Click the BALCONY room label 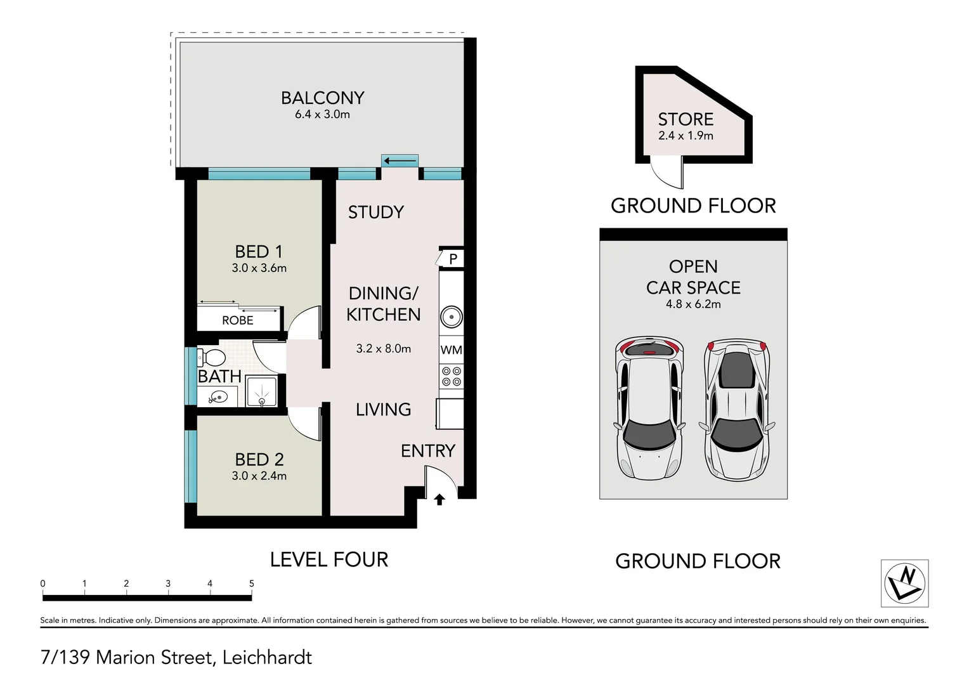[x=323, y=98]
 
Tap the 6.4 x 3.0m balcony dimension [x=322, y=115]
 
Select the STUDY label [x=376, y=212]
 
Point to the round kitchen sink [x=451, y=317]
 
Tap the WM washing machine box [x=451, y=349]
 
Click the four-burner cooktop [x=451, y=377]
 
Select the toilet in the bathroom [x=211, y=358]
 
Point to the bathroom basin [x=219, y=397]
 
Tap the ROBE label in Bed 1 [x=237, y=320]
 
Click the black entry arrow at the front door [x=439, y=499]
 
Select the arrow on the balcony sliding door [x=400, y=161]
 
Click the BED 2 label [x=259, y=460]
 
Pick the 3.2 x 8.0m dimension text [x=383, y=349]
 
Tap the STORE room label [x=686, y=119]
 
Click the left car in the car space [x=649, y=408]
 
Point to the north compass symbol [x=904, y=583]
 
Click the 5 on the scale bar [x=251, y=584]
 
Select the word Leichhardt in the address [x=267, y=657]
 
